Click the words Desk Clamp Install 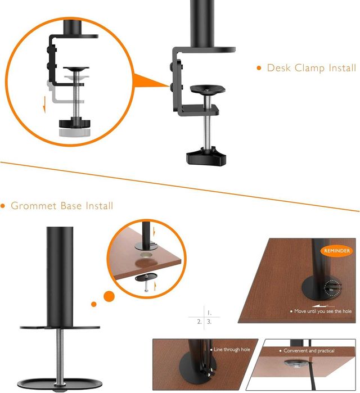(311, 68)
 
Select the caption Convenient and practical (309, 351)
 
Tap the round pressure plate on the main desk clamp (208, 89)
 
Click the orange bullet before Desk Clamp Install (259, 68)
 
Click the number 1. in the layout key (209, 311)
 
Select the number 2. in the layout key (199, 322)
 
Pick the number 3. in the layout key (209, 322)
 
